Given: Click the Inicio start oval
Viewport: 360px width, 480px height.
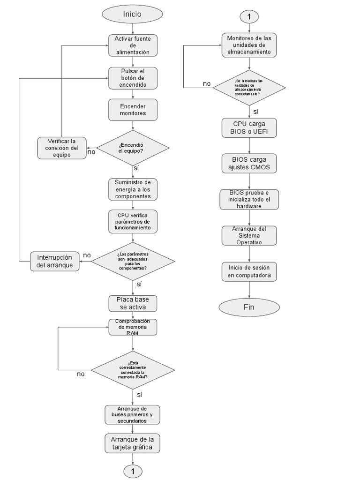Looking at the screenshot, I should click(x=133, y=15).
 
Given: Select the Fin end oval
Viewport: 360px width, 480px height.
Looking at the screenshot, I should click(x=249, y=307).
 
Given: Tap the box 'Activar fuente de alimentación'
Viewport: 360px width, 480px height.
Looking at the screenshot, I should click(x=133, y=45).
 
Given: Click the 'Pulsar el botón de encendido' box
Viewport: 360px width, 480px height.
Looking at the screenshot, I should click(x=133, y=78).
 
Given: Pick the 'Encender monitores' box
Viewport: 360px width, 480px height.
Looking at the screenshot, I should click(x=133, y=110).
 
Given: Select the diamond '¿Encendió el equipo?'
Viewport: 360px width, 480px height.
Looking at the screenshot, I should click(x=133, y=148).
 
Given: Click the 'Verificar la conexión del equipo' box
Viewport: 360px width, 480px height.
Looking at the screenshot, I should click(x=61, y=148).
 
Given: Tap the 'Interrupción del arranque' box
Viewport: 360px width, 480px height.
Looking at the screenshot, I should click(x=55, y=261).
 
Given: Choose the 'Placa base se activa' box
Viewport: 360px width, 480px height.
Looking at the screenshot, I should click(x=133, y=303).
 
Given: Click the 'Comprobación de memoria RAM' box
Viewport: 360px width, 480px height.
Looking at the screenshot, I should click(x=133, y=327).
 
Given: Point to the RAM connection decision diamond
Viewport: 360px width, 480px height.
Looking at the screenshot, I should click(x=133, y=370).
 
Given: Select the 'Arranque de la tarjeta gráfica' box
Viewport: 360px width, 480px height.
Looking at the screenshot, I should click(x=133, y=443).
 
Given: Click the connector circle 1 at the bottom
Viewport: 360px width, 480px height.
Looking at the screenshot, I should click(x=133, y=470).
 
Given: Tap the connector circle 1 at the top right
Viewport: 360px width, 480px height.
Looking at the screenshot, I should click(x=249, y=16).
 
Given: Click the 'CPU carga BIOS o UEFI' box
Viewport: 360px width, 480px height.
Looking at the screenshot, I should click(x=249, y=128).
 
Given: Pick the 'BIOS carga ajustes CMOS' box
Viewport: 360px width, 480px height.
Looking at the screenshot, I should click(x=249, y=164).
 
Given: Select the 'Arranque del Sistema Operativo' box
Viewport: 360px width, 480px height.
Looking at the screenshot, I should click(x=249, y=235).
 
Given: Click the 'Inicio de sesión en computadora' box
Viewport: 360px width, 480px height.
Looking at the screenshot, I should click(x=249, y=271).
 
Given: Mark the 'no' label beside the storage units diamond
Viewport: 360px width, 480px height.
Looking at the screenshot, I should click(x=207, y=83).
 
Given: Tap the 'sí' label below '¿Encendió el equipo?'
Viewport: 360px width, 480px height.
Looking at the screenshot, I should click(x=136, y=167).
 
